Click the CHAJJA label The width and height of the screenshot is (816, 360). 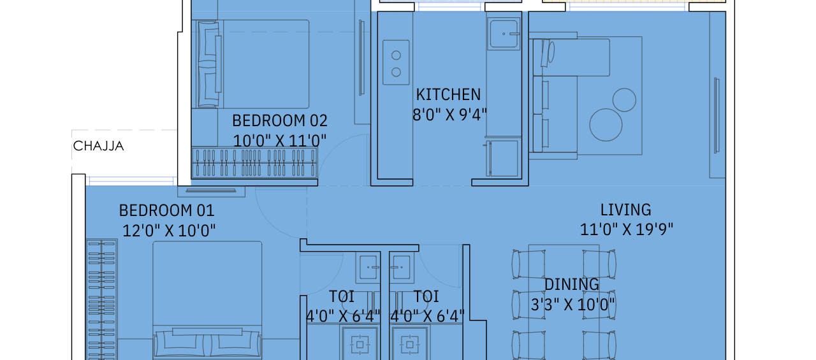coord(98,146)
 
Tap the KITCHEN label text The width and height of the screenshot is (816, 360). coord(448,95)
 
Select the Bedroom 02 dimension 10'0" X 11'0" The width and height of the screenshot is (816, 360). coord(279,141)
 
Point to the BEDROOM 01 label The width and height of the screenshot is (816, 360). coord(167,210)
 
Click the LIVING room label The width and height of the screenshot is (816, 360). coord(625,210)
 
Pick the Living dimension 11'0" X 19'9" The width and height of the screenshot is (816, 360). coord(626,229)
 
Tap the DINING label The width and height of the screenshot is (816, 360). coord(571,284)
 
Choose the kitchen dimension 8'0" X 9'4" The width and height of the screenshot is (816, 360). coord(449,115)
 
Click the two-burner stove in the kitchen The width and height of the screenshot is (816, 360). coord(396,62)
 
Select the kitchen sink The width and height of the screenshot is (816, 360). coord(504,34)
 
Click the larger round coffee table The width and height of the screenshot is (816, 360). coord(606,125)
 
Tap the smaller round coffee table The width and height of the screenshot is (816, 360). coord(624,100)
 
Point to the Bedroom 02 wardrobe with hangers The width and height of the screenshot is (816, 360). coord(254,162)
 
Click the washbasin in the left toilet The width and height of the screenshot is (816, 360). coord(368,268)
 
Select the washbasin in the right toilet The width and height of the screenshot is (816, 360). coord(402,268)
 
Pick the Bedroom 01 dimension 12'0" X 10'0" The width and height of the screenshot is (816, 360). coord(169,231)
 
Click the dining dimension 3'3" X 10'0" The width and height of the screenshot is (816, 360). coord(572,305)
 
